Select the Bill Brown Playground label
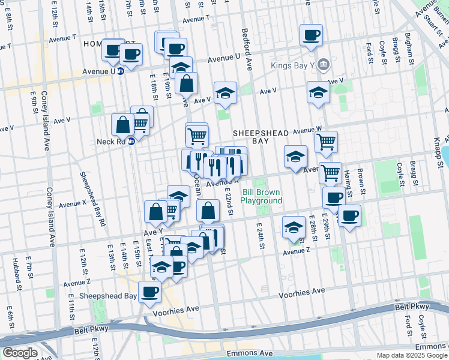point(262,196)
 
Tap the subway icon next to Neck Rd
point(131,143)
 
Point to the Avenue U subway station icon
point(120,71)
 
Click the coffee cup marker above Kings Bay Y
point(311,35)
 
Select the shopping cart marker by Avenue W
point(326,142)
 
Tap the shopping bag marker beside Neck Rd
point(122,125)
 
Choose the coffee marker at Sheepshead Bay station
point(150,292)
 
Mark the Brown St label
point(361,178)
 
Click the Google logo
point(20,353)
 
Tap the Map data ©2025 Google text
point(412,355)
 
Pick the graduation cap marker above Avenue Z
point(294,227)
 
